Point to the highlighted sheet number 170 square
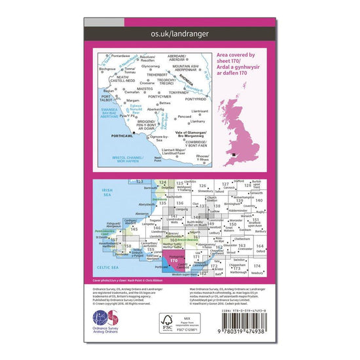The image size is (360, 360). [x=173, y=261]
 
